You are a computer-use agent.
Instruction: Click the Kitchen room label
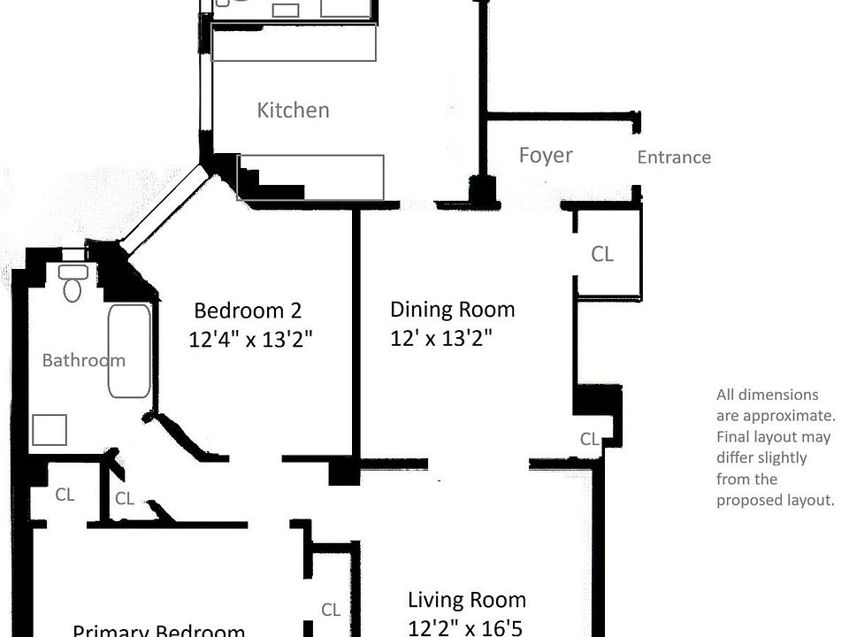click(293, 111)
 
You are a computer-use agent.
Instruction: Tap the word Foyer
click(546, 156)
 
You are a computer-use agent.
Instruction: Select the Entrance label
click(674, 157)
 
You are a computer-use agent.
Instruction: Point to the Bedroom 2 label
click(248, 311)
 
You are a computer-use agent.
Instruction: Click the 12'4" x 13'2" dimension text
click(251, 340)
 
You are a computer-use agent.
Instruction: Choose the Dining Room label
click(452, 310)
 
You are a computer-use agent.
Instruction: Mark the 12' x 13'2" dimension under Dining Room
click(440, 338)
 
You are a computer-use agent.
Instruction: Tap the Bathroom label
click(83, 360)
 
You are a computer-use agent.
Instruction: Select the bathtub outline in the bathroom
click(129, 350)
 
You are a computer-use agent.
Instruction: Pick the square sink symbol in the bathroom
click(50, 430)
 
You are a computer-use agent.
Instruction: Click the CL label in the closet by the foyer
click(602, 255)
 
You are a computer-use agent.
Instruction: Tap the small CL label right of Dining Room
click(590, 439)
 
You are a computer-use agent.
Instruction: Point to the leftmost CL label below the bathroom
click(65, 495)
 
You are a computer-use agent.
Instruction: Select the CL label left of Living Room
click(331, 610)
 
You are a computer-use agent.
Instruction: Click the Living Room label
click(466, 600)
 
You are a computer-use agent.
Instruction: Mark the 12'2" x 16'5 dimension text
click(466, 627)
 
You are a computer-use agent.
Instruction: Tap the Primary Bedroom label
click(158, 630)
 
